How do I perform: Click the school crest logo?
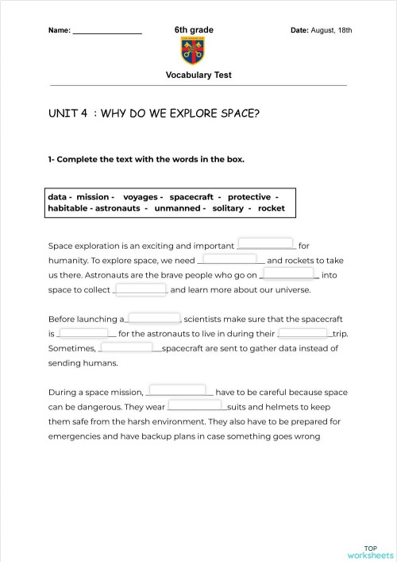pos(193,52)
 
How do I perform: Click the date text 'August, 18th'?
pos(332,30)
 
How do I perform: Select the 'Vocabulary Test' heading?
pos(198,76)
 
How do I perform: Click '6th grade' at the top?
pos(194,30)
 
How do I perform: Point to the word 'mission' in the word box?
pos(93,196)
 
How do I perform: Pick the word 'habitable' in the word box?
pos(68,208)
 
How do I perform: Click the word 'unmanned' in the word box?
pos(176,208)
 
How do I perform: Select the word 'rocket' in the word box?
pos(271,208)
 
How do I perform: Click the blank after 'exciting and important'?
pos(266,244)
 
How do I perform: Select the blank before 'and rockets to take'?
pos(234,258)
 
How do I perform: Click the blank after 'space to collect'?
pos(142,289)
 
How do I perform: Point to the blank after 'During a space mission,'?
pos(179,390)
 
